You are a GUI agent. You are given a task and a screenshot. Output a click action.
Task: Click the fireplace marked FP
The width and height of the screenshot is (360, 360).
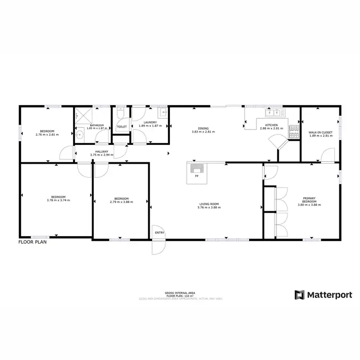point(197,169)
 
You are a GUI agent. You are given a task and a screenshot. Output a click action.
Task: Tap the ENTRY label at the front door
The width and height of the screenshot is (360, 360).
point(159,233)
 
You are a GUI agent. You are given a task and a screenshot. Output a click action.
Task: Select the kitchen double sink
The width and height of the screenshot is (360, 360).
point(274,113)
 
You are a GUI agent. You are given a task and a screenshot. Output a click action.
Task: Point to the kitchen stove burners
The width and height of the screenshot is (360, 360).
point(293,128)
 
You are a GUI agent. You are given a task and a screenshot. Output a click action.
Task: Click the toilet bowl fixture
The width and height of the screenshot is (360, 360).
point(121,114)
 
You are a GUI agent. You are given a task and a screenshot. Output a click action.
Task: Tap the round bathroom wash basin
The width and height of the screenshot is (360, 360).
point(80,135)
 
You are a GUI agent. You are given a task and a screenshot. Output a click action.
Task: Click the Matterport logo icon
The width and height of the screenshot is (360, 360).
point(300,295)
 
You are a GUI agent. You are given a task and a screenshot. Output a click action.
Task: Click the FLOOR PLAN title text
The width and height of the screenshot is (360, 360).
point(32,242)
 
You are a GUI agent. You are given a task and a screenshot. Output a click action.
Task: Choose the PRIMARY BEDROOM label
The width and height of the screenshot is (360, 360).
point(309,199)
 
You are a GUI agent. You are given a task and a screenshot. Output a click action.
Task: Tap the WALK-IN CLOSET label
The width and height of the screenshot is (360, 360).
point(321,132)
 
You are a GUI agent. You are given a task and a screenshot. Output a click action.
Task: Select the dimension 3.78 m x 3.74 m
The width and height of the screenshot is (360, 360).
point(58,200)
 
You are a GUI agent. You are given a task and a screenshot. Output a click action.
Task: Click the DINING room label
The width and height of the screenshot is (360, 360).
point(203,128)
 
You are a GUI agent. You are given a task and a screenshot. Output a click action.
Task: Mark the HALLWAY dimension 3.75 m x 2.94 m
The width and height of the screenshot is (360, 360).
point(101,155)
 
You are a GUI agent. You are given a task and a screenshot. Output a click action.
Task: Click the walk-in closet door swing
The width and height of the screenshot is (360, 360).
point(327,156)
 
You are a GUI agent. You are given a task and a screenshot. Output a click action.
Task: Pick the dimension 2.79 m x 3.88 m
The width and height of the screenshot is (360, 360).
point(121,202)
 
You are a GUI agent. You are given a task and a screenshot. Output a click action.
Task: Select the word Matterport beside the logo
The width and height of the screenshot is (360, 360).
point(329,295)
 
